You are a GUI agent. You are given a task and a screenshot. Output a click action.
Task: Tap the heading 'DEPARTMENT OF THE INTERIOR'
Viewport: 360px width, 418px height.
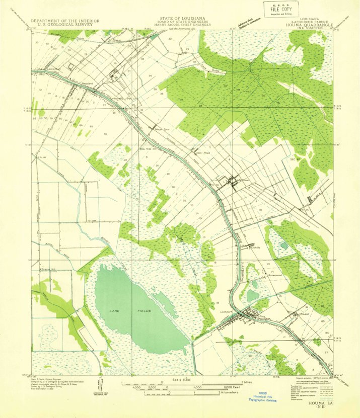click(65, 21)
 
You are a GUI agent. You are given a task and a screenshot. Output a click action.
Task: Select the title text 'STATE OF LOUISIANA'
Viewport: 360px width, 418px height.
click(180, 18)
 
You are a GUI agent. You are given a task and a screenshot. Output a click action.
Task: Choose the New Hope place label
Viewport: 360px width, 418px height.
click(202, 152)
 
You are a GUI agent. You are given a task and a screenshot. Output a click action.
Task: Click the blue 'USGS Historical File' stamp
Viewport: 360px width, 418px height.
click(264, 397)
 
